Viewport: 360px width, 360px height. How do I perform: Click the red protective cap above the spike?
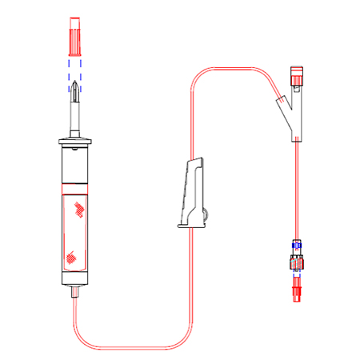click(75, 34)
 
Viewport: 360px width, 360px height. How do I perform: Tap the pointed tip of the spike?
click(75, 86)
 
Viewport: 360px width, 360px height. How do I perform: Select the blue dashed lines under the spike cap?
click(75, 66)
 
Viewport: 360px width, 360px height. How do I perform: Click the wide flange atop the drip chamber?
click(75, 143)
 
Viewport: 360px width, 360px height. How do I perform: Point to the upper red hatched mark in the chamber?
click(79, 210)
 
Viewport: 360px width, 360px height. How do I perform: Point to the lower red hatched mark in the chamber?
click(72, 258)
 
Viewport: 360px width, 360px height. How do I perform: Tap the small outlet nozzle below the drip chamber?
click(75, 294)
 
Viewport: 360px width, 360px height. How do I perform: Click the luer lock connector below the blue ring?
click(297, 262)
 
